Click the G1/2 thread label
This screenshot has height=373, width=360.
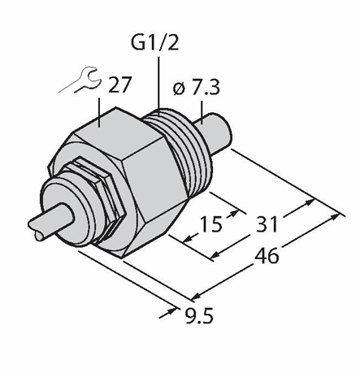coord(155,43)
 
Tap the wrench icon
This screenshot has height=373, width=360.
coord(81,80)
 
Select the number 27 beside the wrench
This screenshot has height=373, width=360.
coord(119,85)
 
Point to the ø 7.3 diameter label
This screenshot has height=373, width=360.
coord(196,87)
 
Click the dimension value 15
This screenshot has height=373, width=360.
coord(210,224)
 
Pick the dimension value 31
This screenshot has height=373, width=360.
coord(267,224)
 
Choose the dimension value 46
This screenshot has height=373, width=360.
coord(267,256)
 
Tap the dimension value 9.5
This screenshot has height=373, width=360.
coord(199,315)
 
